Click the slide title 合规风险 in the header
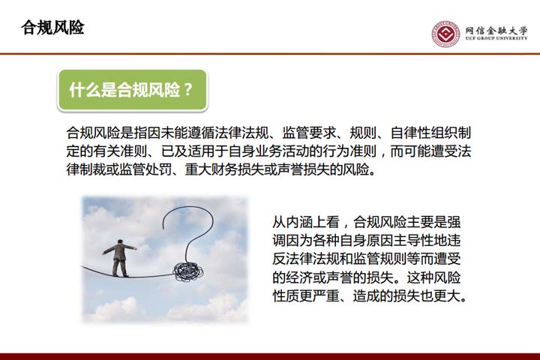point(52,28)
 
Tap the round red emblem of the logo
point(446,34)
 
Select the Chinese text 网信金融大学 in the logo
point(496,30)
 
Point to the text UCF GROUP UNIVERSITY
point(496,38)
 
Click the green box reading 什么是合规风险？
point(133,90)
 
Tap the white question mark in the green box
point(188,90)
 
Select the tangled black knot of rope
point(188,271)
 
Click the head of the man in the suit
point(120,241)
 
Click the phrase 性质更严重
point(306,296)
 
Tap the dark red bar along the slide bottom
point(270,356)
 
